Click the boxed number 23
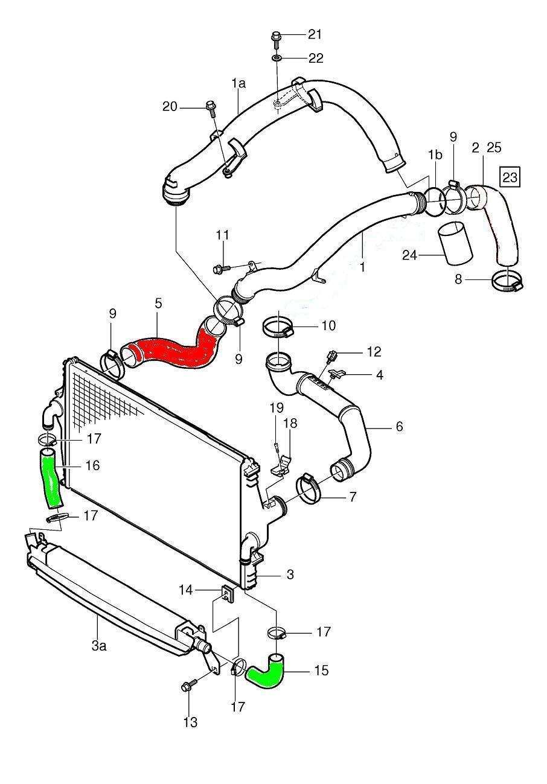point(510,177)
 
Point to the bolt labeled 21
point(275,37)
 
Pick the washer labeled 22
point(275,59)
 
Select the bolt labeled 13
point(187,687)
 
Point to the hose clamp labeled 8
point(507,281)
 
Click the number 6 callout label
point(399,427)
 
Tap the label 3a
point(99,646)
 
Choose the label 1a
point(239,84)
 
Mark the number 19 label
point(276,408)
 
